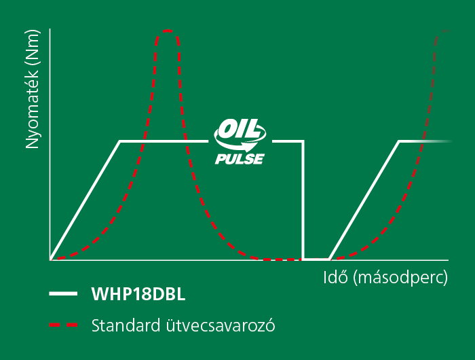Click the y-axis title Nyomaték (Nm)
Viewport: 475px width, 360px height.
click(33, 89)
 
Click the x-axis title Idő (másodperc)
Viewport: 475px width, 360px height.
click(385, 277)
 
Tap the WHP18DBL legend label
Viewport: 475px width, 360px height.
click(138, 293)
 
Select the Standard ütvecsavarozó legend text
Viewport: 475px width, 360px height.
click(183, 325)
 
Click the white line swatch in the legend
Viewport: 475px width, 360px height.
click(63, 293)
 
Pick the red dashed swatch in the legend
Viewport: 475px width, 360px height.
click(63, 325)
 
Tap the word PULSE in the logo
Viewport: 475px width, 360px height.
click(240, 159)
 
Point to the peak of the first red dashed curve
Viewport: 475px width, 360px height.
click(167, 31)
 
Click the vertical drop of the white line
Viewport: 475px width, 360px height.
click(303, 200)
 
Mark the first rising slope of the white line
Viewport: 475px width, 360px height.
click(85, 200)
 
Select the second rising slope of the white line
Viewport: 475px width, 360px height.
click(364, 200)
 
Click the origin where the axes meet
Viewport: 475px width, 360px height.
click(50, 260)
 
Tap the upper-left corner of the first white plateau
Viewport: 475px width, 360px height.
click(120, 141)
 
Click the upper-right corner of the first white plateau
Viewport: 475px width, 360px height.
click(303, 141)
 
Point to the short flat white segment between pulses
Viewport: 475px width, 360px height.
click(316, 259)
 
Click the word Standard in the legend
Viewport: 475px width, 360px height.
click(126, 325)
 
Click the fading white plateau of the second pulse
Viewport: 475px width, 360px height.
click(425, 141)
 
